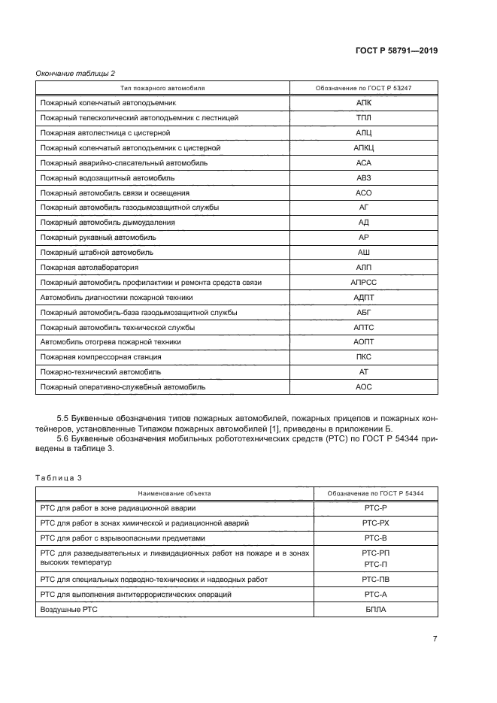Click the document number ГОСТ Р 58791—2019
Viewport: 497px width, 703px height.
point(397,51)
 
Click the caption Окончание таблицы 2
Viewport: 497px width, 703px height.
point(75,73)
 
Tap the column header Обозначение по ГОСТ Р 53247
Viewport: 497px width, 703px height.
point(363,88)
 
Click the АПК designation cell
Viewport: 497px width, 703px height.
point(363,104)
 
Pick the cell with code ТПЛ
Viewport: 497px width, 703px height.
point(363,119)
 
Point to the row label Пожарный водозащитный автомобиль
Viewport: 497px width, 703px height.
point(108,178)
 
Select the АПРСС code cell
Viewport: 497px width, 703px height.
point(363,282)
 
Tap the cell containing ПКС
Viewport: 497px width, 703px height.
point(363,356)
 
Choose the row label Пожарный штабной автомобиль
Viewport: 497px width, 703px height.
point(96,253)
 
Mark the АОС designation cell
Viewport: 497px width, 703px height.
point(363,386)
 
